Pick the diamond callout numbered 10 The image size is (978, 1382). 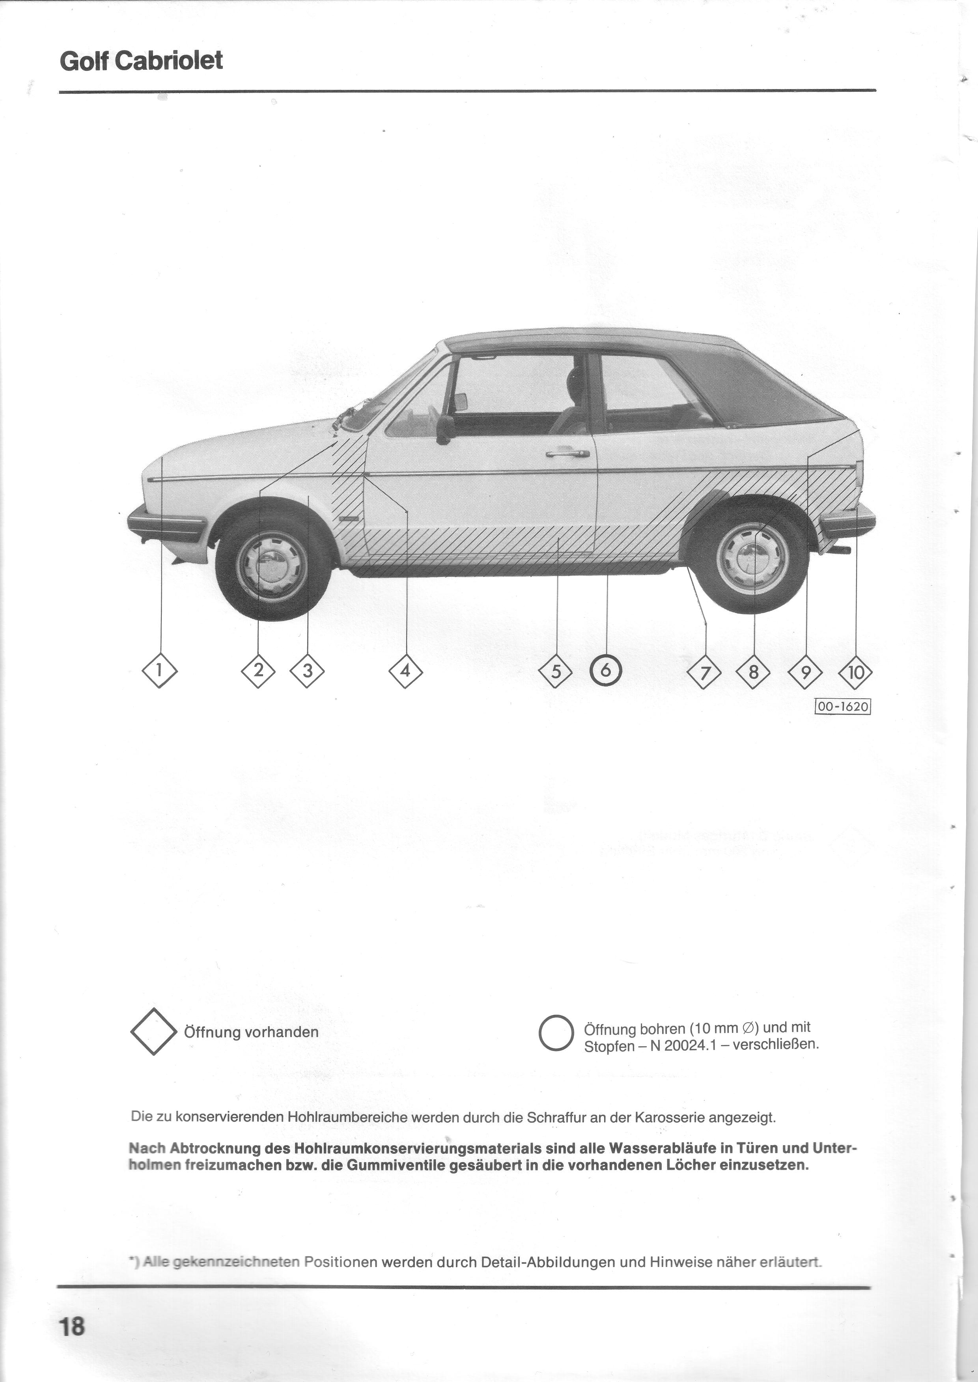point(855,672)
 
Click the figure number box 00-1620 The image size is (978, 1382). point(843,706)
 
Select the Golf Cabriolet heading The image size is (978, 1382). point(142,61)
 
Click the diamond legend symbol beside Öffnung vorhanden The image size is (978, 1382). point(153,1032)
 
